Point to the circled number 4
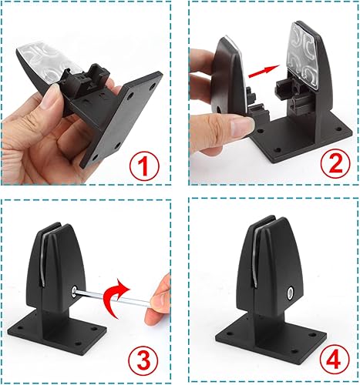click(327, 359)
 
